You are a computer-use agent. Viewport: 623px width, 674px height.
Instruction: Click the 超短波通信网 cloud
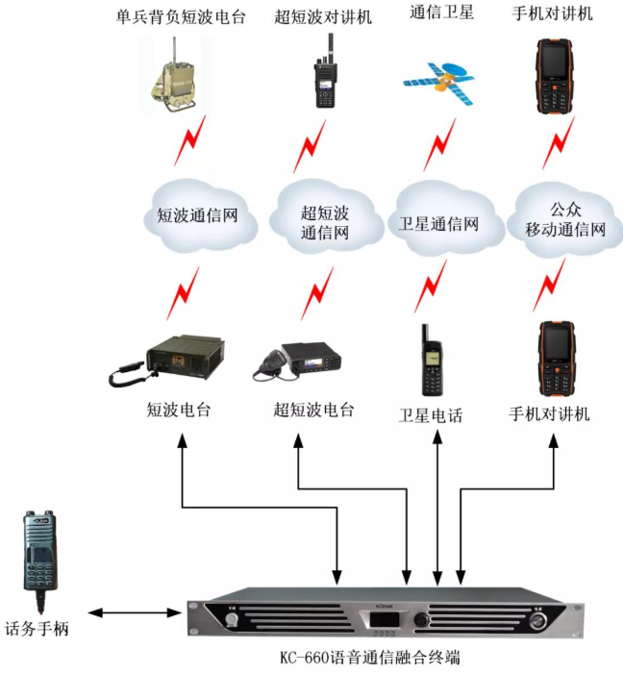point(324,221)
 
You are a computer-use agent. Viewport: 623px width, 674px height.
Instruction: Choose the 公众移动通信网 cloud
point(564,219)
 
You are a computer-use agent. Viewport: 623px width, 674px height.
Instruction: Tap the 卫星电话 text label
point(431,415)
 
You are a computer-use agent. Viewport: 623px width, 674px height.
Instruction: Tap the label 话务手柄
point(37,630)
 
